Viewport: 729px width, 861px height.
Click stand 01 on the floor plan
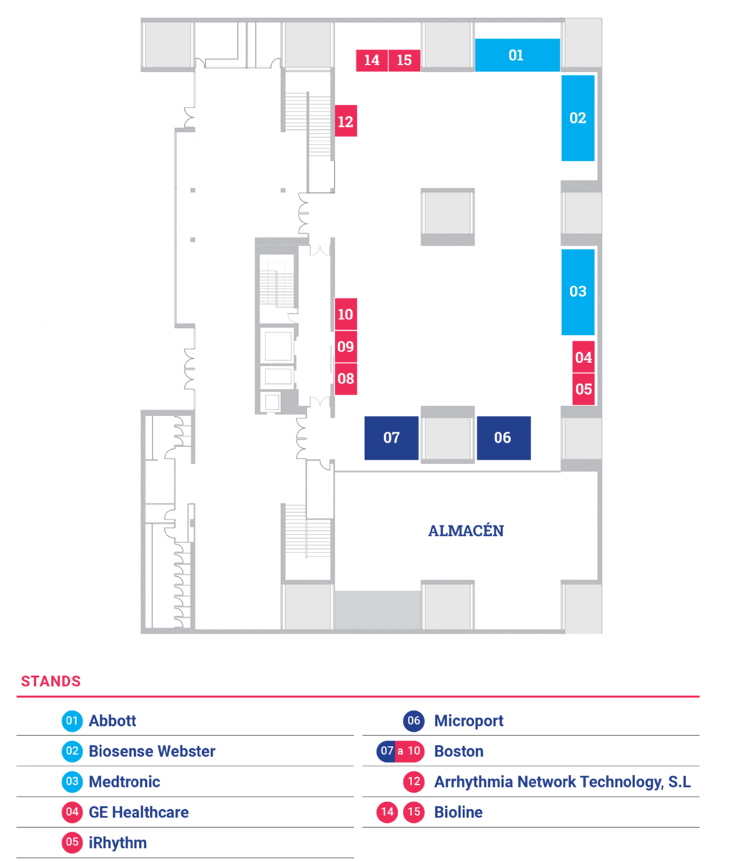point(517,55)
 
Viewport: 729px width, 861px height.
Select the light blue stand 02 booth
point(578,118)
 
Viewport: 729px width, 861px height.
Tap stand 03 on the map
point(578,291)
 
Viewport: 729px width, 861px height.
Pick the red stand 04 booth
point(583,357)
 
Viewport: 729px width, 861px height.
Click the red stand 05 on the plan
point(583,390)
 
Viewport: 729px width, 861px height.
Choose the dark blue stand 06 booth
point(503,438)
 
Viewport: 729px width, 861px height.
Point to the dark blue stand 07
point(391,438)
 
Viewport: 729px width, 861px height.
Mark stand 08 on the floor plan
point(346,379)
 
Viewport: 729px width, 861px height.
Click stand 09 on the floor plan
point(346,347)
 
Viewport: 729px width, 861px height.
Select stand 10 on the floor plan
point(346,314)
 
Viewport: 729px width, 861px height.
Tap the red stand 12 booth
point(346,121)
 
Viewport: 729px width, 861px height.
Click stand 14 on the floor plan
point(371,60)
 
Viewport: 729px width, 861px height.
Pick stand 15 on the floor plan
point(404,60)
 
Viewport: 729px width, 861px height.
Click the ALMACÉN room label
point(465,531)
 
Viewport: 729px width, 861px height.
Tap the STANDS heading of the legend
point(51,681)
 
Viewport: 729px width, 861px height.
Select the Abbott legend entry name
point(113,721)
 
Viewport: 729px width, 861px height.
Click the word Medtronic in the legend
point(124,782)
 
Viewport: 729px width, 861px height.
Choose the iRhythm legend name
point(118,843)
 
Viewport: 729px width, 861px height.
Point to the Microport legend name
point(469,721)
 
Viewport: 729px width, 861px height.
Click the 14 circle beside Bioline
point(387,812)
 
